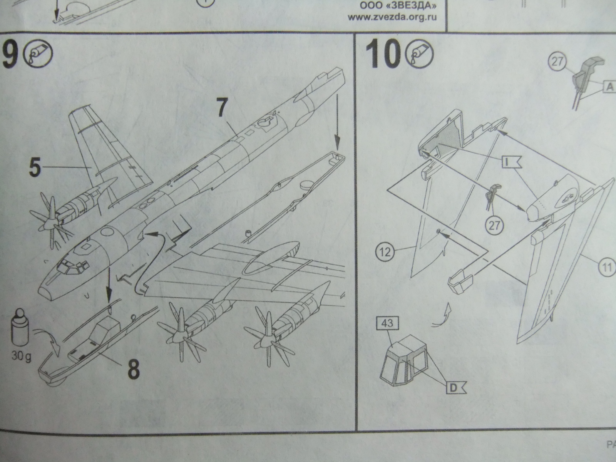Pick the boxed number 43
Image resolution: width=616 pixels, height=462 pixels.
tap(387, 323)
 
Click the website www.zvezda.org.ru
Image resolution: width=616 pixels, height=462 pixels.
tap(392, 18)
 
